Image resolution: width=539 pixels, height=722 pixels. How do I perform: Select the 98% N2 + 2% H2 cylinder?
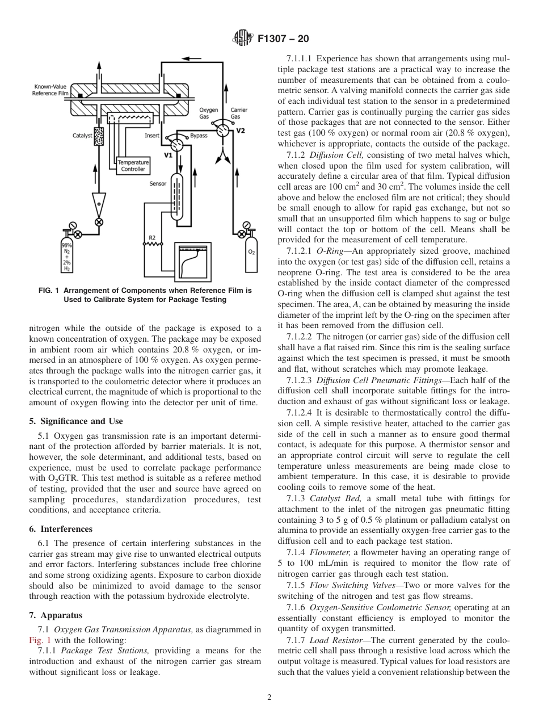click(x=67, y=257)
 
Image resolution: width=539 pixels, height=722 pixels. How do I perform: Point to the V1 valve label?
click(x=168, y=154)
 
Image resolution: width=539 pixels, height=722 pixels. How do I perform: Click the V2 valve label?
click(x=241, y=131)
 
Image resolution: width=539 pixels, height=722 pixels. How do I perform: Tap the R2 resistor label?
click(x=152, y=237)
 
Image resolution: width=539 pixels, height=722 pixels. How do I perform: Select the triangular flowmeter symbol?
click(x=100, y=202)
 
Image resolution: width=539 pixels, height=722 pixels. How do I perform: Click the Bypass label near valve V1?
click(x=199, y=136)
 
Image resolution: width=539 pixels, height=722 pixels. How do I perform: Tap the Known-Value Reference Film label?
click(x=50, y=90)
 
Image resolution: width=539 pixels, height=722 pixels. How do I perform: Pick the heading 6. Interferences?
click(x=61, y=529)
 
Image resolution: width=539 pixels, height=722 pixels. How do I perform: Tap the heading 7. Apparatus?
click(x=56, y=615)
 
